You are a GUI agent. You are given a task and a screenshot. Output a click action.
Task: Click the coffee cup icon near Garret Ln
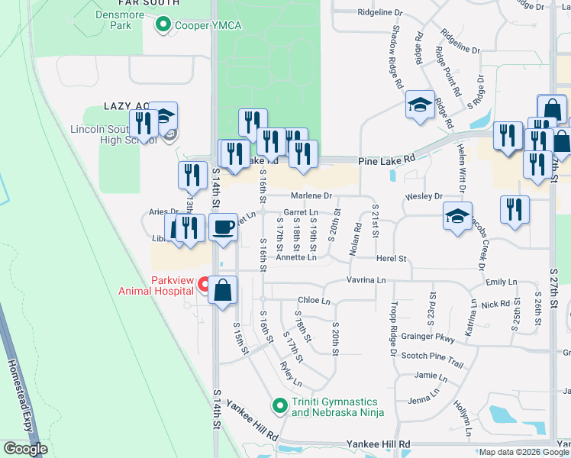pyautogui.click(x=222, y=227)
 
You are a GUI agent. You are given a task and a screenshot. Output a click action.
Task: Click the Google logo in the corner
pyautogui.click(x=25, y=449)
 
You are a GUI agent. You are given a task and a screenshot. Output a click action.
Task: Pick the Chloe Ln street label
pyautogui.click(x=314, y=301)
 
